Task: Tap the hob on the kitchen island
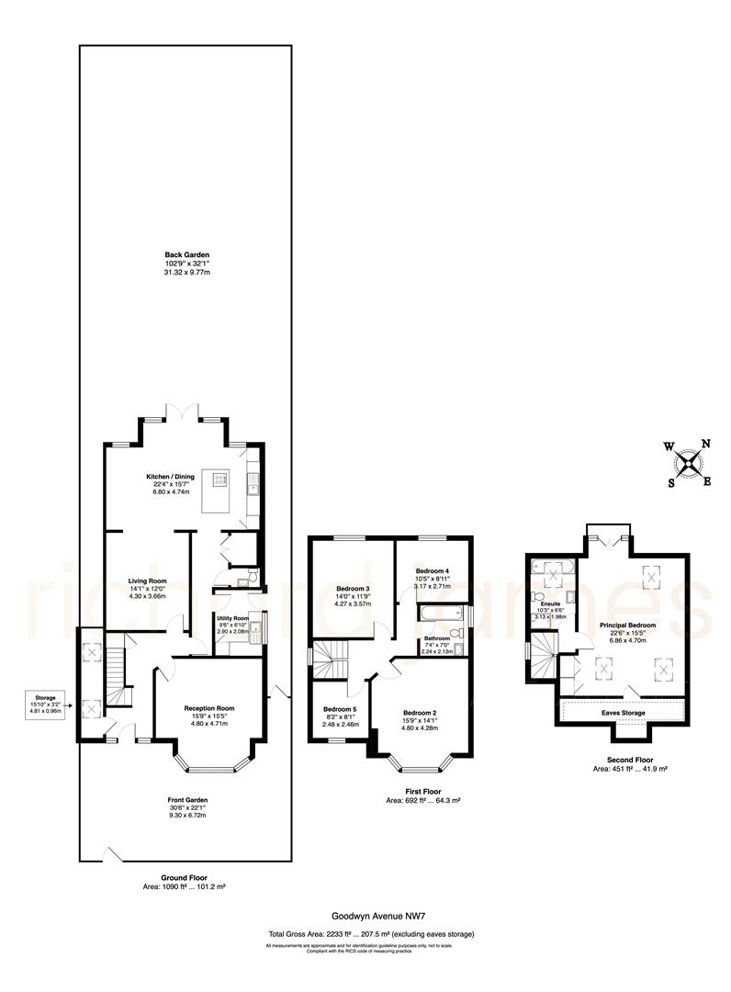coord(220,479)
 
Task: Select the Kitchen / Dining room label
coord(171,477)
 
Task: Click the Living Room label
coord(147,581)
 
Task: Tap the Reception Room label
coord(209,708)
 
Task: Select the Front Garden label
coord(187,800)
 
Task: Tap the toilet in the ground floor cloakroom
coord(242,581)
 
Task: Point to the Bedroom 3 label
coord(353,589)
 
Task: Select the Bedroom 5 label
coord(339,709)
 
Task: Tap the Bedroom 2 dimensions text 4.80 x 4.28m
coord(419,728)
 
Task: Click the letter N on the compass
coord(705,444)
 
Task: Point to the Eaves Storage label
coord(622,713)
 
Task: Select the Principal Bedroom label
coord(628,626)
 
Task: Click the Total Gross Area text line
coord(370,934)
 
